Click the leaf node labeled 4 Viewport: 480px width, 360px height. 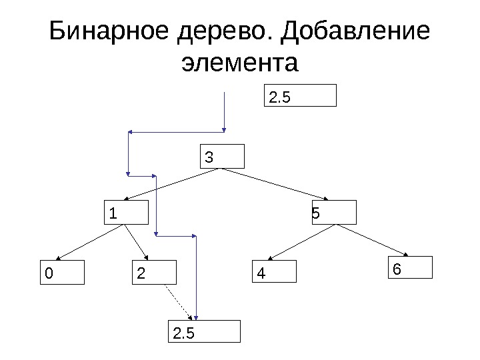pyautogui.click(x=274, y=273)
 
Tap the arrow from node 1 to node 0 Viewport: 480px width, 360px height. pyautogui.click(x=91, y=241)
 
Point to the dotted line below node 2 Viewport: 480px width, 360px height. pyautogui.click(x=178, y=302)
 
